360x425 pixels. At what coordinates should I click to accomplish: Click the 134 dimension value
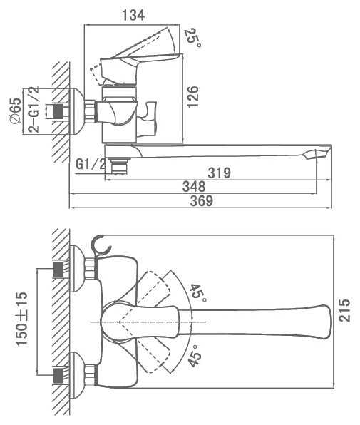pos(133,16)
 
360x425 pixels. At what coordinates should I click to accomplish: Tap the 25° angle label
pos(192,38)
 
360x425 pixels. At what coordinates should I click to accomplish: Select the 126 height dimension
pos(192,97)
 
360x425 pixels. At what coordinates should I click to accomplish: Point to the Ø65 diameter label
pos(15,111)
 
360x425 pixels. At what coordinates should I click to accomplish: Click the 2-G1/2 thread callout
pos(34,110)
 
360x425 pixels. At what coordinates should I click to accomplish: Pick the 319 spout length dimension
pos(220,173)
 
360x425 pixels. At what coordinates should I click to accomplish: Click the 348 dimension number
pos(194,187)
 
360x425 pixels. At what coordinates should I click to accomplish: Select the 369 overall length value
pos(202,201)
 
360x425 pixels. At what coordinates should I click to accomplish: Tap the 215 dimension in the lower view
pos(344,310)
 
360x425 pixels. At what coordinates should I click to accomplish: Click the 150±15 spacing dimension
pos(21,319)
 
